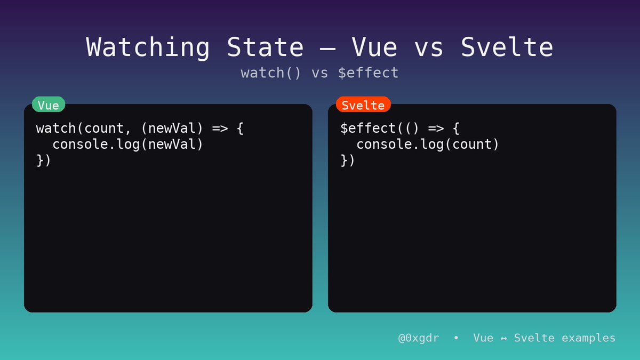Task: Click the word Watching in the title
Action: tap(148, 47)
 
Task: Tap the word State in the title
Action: tap(265, 47)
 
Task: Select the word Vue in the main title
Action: tap(374, 47)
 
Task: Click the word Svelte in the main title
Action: tap(507, 47)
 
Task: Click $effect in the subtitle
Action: tap(369, 73)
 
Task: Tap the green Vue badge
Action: tap(49, 105)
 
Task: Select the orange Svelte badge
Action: tap(363, 105)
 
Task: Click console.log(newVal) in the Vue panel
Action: tap(128, 145)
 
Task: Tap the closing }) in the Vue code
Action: tap(44, 160)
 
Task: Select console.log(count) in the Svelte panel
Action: tap(428, 145)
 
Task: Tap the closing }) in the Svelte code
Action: tap(348, 160)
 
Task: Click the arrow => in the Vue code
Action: tap(219, 129)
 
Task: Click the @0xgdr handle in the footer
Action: tap(419, 338)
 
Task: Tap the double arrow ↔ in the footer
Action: tap(503, 338)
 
